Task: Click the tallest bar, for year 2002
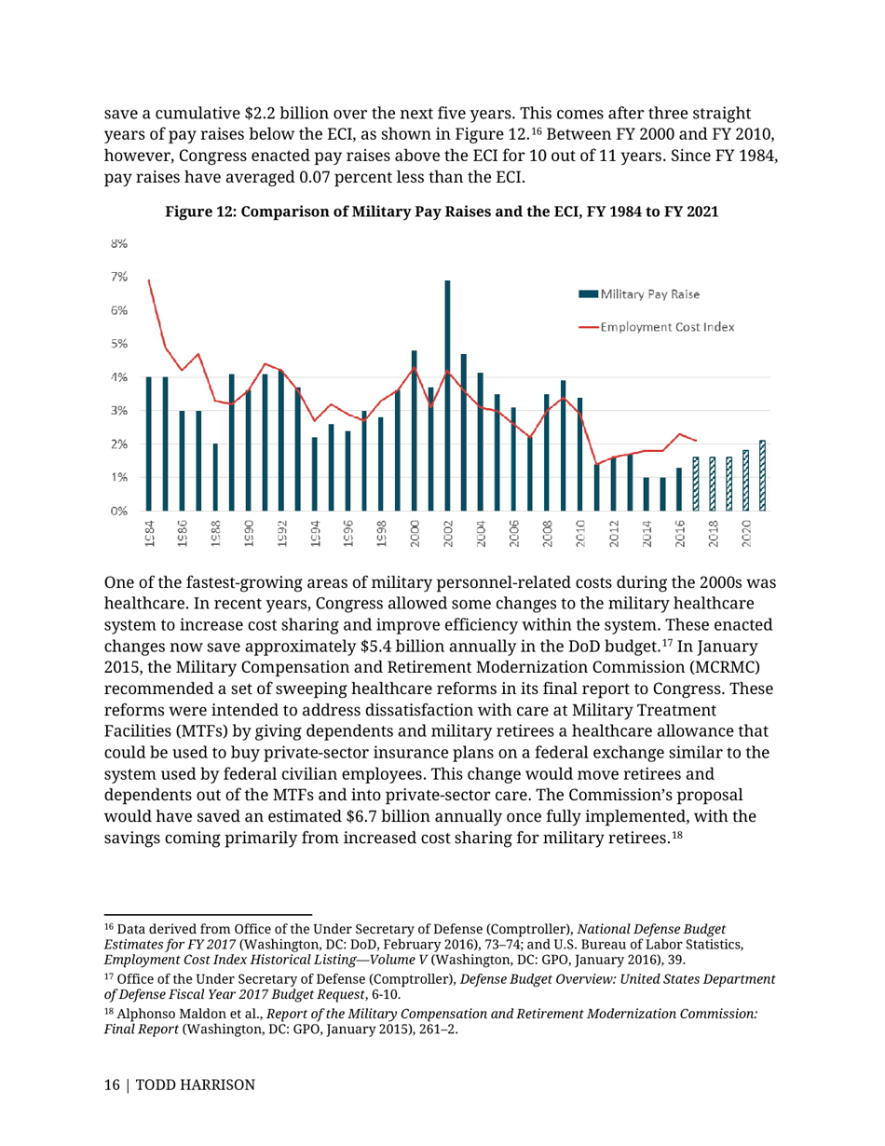[447, 395]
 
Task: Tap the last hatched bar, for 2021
[763, 475]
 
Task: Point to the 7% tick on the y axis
[120, 278]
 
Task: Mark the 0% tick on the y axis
[120, 511]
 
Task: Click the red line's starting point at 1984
[148, 280]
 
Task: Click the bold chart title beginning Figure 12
[442, 211]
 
